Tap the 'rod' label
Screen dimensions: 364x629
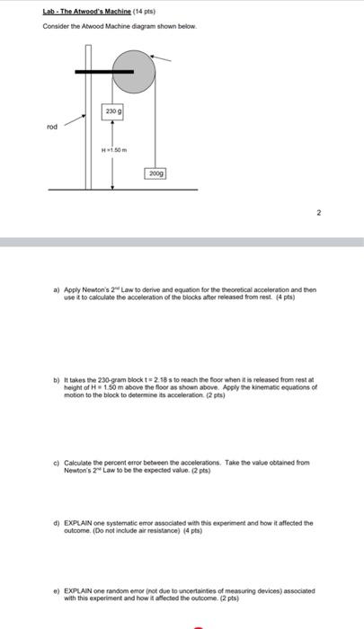coord(51,127)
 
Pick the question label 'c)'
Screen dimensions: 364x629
coord(57,462)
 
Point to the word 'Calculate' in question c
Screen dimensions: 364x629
coord(80,462)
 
